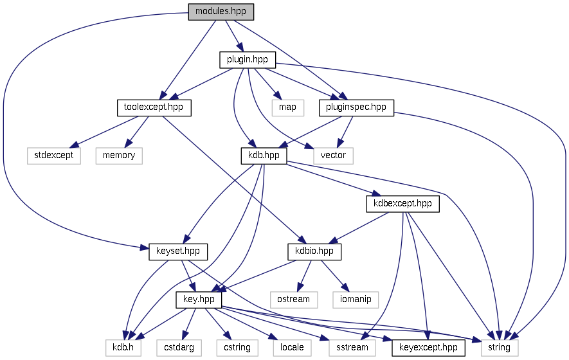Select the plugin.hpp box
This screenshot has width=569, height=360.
click(x=248, y=60)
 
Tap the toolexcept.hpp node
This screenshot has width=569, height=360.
click(x=154, y=107)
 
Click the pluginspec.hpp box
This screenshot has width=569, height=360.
click(x=356, y=107)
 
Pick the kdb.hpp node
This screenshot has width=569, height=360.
click(x=263, y=155)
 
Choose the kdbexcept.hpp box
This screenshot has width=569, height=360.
click(x=402, y=204)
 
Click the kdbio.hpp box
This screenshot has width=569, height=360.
click(x=314, y=251)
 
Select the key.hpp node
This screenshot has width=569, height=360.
click(x=199, y=300)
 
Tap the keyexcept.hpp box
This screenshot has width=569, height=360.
click(x=428, y=347)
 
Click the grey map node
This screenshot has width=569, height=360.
click(x=287, y=107)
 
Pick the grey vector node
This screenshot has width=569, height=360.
click(x=333, y=155)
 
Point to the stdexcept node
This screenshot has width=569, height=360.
click(x=54, y=155)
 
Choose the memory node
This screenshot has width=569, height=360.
click(x=119, y=155)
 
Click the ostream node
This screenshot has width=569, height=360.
click(x=294, y=299)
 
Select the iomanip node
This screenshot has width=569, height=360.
click(x=356, y=299)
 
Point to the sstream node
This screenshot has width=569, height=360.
click(x=352, y=347)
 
